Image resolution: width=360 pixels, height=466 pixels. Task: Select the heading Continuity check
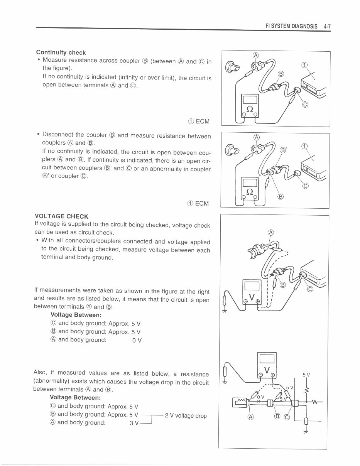coord(61,52)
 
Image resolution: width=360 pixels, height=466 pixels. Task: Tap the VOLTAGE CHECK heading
coord(61,216)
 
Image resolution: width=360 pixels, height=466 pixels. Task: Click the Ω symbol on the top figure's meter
coord(250,109)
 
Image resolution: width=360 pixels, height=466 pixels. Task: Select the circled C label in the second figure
coord(306,186)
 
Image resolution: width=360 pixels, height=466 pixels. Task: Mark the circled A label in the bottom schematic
coord(251,417)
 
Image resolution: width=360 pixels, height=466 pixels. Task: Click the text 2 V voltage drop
coord(186,416)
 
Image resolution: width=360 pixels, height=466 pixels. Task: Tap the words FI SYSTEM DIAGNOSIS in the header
coord(292,27)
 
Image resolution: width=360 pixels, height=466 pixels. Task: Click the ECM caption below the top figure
coord(199,122)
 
